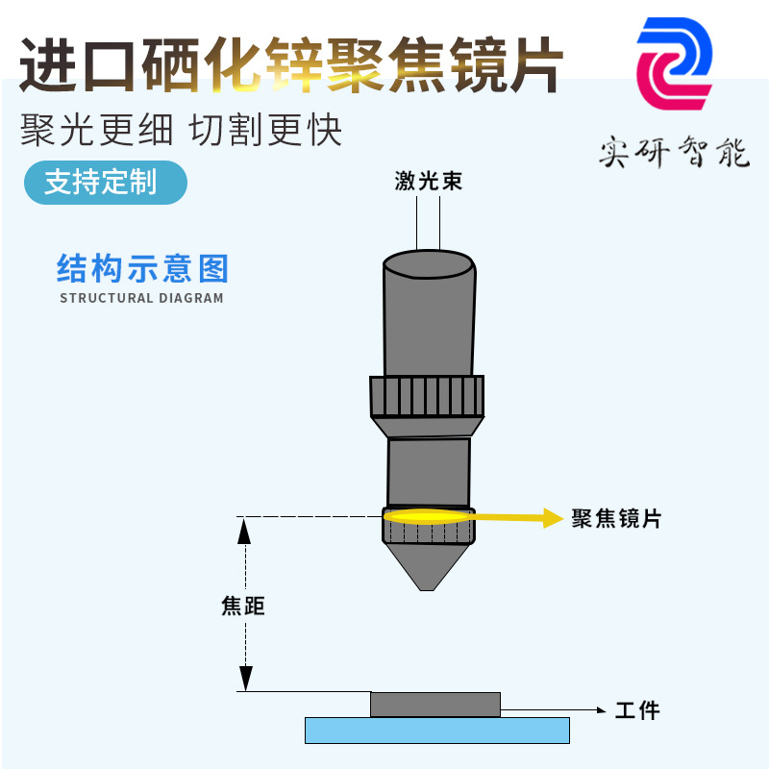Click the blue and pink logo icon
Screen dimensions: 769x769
tap(675, 63)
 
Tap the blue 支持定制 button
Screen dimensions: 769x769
tap(104, 182)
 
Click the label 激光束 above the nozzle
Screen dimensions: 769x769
tap(429, 181)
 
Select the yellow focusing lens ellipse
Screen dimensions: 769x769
tap(428, 516)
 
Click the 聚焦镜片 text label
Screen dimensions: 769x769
tap(616, 519)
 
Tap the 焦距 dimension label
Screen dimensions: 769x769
tap(242, 607)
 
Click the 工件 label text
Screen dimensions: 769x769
tap(637, 711)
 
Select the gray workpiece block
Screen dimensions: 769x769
tap(434, 704)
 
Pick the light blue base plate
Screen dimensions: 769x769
tap(436, 731)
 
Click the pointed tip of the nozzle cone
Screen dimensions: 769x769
tap(428, 586)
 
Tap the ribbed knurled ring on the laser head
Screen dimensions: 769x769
tap(427, 395)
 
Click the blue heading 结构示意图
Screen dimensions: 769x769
tap(142, 268)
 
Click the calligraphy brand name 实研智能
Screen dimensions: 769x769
tap(673, 152)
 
